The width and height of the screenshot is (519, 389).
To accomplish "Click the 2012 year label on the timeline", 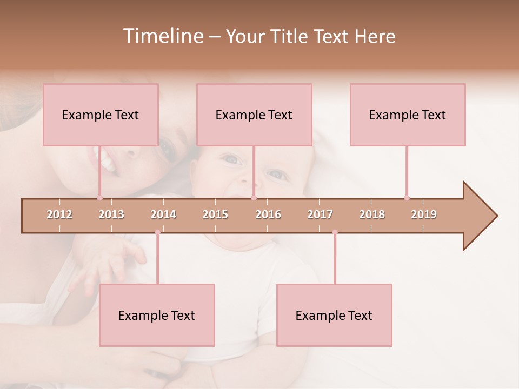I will [x=59, y=214].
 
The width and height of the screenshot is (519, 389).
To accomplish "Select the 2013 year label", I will [x=111, y=214].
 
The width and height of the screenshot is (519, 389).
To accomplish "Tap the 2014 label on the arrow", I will [x=163, y=214].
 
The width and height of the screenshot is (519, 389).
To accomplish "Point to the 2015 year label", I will [x=215, y=214].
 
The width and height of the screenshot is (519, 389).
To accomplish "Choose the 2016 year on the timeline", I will [x=268, y=214].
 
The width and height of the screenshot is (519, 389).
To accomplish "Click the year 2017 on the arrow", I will [x=320, y=214].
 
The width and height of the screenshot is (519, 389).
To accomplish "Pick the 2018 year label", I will [x=372, y=214].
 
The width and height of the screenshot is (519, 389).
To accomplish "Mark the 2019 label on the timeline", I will [x=424, y=214].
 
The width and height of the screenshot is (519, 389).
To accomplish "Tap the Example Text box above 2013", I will [x=101, y=115].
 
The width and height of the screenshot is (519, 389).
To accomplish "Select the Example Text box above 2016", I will [x=254, y=115].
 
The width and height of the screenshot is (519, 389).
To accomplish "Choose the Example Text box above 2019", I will [x=408, y=115].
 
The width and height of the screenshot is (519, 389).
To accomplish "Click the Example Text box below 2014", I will [x=157, y=315].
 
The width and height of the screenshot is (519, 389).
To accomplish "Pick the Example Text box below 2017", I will [x=334, y=315].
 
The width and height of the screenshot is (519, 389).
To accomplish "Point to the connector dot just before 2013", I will [x=99, y=198].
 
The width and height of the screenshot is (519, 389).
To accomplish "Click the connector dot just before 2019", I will [x=407, y=198].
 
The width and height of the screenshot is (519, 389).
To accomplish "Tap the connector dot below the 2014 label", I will [x=157, y=232].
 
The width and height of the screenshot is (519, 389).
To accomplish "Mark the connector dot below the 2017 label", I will [x=335, y=232].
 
